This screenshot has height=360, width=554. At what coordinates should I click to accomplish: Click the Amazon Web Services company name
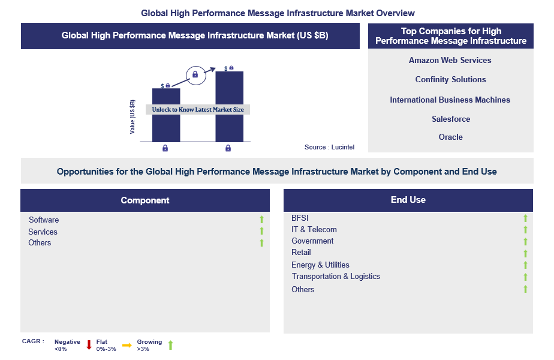tap(450, 61)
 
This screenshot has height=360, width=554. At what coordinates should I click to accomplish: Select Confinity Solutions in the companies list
tap(450, 80)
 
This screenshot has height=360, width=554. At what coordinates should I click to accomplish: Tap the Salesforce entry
tap(451, 119)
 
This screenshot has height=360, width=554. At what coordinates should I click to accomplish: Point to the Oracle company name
tap(450, 137)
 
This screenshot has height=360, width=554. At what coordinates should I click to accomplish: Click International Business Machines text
tap(450, 100)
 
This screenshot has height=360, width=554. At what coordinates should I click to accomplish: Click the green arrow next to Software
tap(261, 220)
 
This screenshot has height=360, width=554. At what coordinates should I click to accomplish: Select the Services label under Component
tap(43, 232)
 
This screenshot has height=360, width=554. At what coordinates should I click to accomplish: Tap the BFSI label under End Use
tap(300, 218)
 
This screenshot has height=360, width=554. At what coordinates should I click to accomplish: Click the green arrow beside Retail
tap(525, 253)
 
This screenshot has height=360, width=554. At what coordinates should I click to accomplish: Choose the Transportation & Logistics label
tap(336, 277)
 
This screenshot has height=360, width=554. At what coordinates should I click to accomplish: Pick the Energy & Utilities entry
tap(320, 265)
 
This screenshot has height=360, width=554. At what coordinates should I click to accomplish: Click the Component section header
tap(145, 200)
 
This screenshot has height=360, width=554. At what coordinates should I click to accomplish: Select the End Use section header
tap(408, 200)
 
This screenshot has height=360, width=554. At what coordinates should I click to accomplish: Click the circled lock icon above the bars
tap(195, 75)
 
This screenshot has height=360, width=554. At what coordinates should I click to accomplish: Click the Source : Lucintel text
tap(329, 147)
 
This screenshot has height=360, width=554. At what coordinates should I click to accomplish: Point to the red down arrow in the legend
tap(89, 345)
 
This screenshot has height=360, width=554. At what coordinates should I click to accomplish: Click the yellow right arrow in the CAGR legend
tap(127, 345)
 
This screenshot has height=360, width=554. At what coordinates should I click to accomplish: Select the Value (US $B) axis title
tap(133, 116)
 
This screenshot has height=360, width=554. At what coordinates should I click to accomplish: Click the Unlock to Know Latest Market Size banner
tap(198, 110)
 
